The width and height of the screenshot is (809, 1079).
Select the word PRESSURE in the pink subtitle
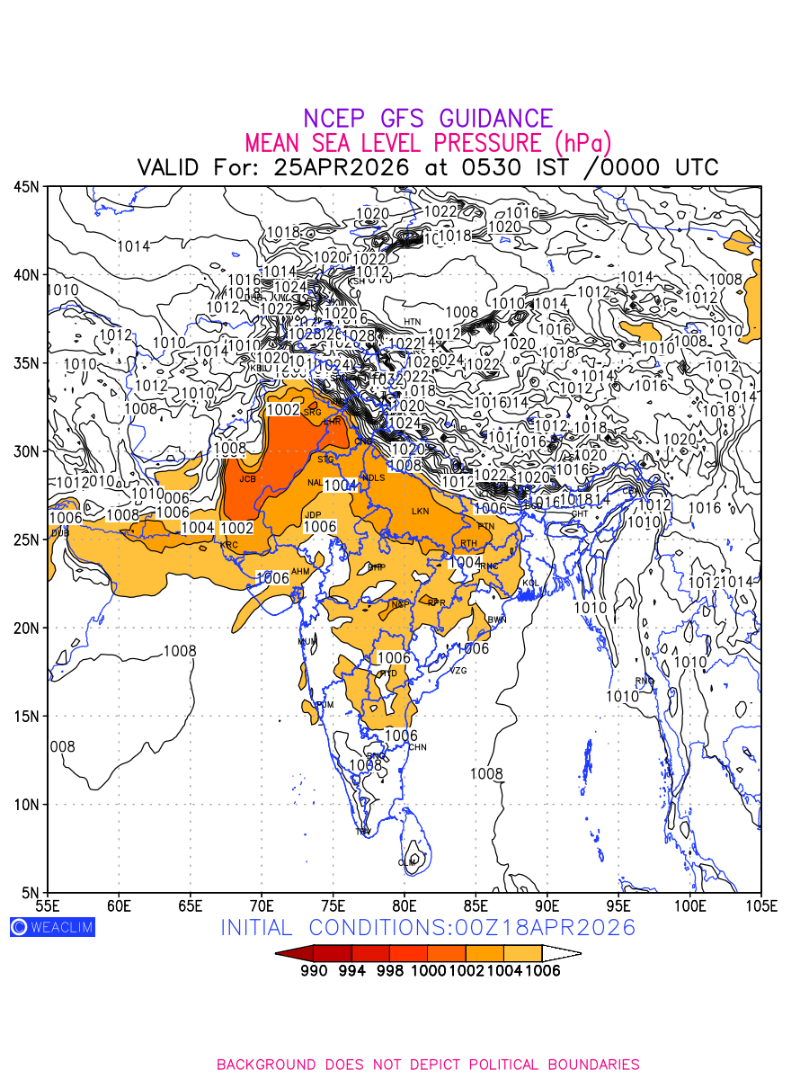[x=488, y=143]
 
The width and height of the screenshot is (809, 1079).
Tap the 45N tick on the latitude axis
[x=26, y=187]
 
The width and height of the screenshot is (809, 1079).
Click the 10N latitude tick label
[x=26, y=805]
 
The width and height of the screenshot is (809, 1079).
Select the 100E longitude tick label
[x=690, y=904]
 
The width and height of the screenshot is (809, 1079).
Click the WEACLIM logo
[x=52, y=927]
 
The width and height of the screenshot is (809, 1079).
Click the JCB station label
[x=247, y=479]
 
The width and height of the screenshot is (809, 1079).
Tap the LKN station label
[x=421, y=512]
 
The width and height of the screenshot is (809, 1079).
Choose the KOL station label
[x=530, y=584]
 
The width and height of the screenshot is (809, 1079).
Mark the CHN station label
[x=417, y=747]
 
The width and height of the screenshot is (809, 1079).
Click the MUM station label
[x=307, y=641]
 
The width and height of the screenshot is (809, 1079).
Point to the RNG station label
[x=645, y=681]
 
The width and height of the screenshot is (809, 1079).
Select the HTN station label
[x=412, y=321]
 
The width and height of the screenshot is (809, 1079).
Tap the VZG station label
[x=458, y=671]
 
